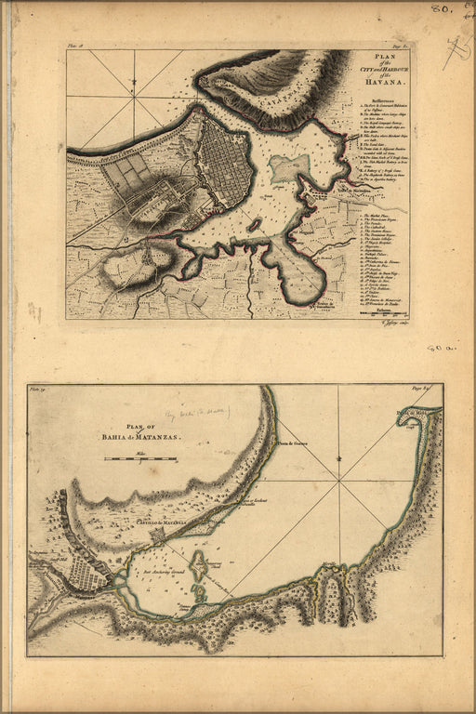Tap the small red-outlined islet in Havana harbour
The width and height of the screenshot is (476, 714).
[x=253, y=224]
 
